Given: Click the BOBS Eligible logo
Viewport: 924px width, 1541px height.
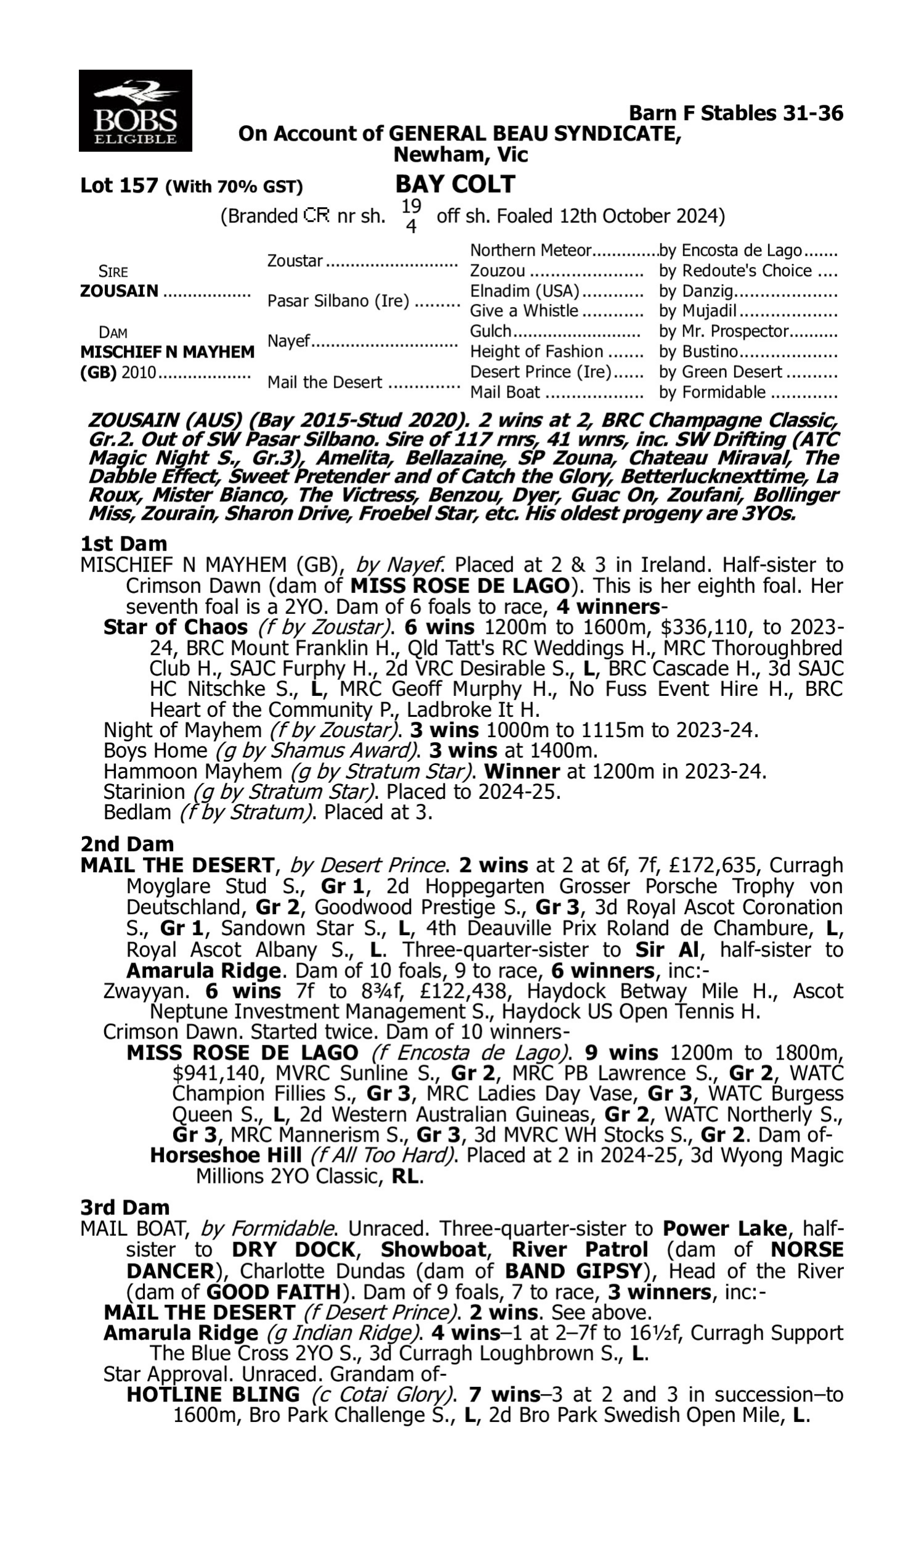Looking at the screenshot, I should coord(135,111).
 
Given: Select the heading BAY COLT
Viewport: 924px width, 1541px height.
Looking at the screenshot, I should coord(455,184).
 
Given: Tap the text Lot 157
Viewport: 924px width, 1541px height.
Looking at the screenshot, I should coord(119,186).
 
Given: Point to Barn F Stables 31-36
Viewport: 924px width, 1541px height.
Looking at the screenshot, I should coord(736,113).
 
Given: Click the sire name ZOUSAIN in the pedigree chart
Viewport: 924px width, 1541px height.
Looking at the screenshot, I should coord(119,291).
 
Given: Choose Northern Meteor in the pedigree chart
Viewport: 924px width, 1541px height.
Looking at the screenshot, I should coord(530,250).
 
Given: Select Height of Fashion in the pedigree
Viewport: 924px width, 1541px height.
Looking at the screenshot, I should coord(536,352).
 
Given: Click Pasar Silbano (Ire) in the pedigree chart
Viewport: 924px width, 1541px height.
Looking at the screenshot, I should coord(338,301).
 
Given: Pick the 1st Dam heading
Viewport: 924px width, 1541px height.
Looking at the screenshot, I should coord(123,544).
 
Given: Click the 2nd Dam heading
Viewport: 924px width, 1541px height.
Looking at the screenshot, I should coord(126,844).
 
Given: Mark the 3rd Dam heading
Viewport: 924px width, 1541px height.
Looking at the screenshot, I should coord(124,1207).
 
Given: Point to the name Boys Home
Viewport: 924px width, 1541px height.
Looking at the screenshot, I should coord(155,751).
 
